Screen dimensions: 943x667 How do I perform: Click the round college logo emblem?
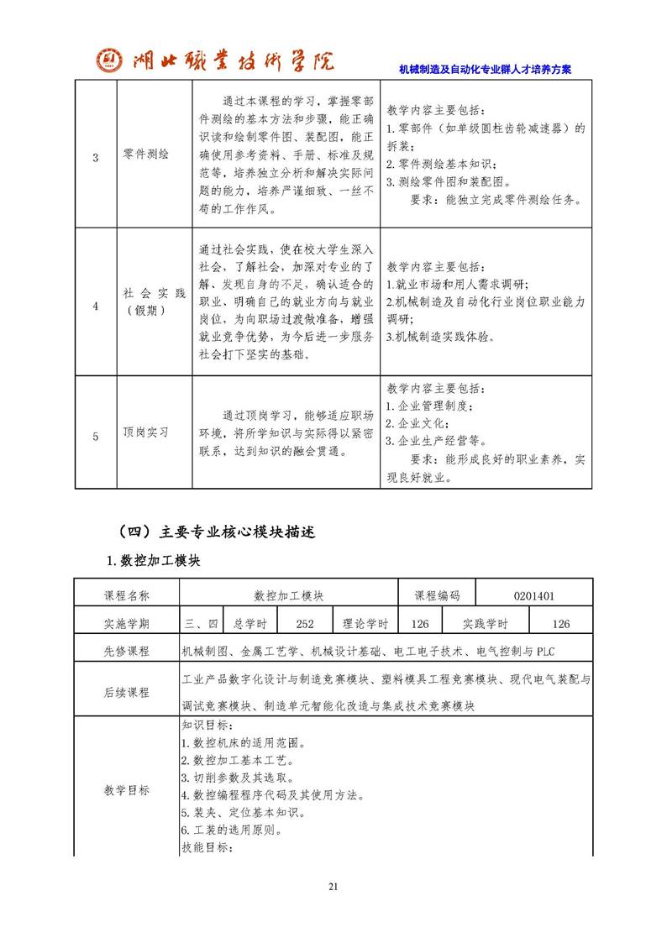tap(108, 60)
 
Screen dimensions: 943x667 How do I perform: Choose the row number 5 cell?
tap(95, 435)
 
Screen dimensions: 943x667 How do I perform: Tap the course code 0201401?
tap(534, 595)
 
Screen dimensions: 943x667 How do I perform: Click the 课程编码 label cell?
tap(437, 595)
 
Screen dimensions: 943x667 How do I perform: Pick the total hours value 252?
tap(306, 623)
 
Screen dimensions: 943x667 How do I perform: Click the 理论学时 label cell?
tap(365, 623)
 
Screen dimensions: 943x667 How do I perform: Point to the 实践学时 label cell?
tap(486, 623)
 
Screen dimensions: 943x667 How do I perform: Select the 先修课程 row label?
tap(127, 651)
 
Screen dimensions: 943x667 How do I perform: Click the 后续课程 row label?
tap(127, 692)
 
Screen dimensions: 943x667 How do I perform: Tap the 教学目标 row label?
tap(127, 789)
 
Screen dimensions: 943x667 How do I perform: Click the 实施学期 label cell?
tap(127, 623)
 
